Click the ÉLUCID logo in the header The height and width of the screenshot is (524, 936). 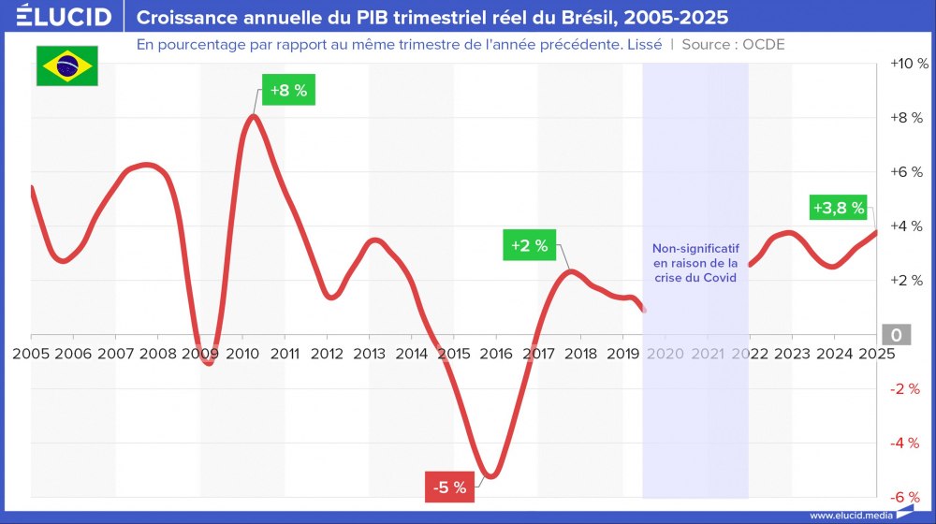[65, 18]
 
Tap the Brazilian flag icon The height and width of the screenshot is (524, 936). [66, 65]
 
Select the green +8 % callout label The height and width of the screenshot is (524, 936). [288, 91]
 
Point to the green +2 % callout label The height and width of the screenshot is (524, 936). [530, 246]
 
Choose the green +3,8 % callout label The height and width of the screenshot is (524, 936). [838, 208]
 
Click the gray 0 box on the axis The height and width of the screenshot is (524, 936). [896, 335]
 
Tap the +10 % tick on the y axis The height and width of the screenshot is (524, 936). [908, 64]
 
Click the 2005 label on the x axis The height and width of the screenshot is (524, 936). [31, 354]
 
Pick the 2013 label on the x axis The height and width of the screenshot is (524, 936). [369, 354]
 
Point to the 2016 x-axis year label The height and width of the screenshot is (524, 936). [496, 354]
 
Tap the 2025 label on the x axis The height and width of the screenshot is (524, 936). [876, 354]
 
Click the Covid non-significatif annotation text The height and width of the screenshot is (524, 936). [695, 264]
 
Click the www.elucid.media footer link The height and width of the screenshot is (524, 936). [849, 515]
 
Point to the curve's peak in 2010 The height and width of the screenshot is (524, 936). [253, 116]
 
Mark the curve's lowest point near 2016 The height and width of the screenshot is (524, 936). [489, 475]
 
